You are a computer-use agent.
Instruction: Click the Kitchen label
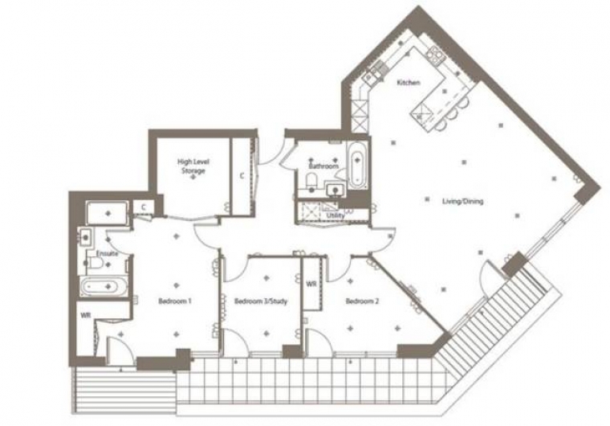coord(409,83)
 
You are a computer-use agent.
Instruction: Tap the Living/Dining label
coord(463,202)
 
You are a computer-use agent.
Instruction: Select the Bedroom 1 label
coord(175,301)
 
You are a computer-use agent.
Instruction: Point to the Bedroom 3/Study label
coord(261,301)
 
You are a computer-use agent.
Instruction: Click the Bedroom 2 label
coord(362,301)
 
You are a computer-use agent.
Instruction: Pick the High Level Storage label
coord(193,166)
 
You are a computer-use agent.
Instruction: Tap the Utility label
coord(335,215)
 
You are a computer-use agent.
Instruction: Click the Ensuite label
coord(107,254)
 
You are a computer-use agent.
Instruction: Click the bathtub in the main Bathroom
coord(356,166)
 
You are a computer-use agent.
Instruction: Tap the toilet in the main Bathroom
coord(312,181)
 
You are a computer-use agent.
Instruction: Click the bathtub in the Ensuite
coord(104,287)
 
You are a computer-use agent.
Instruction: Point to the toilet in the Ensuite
coord(95,264)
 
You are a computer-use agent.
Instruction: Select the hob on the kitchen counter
coord(435,54)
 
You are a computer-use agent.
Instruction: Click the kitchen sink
coord(373,74)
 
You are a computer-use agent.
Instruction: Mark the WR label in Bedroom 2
coord(311,285)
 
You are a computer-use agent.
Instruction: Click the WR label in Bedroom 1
coord(86,315)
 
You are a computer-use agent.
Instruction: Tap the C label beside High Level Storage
coord(242,176)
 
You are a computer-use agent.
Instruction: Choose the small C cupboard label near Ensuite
coord(144,207)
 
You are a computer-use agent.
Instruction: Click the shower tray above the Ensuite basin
coord(108,213)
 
